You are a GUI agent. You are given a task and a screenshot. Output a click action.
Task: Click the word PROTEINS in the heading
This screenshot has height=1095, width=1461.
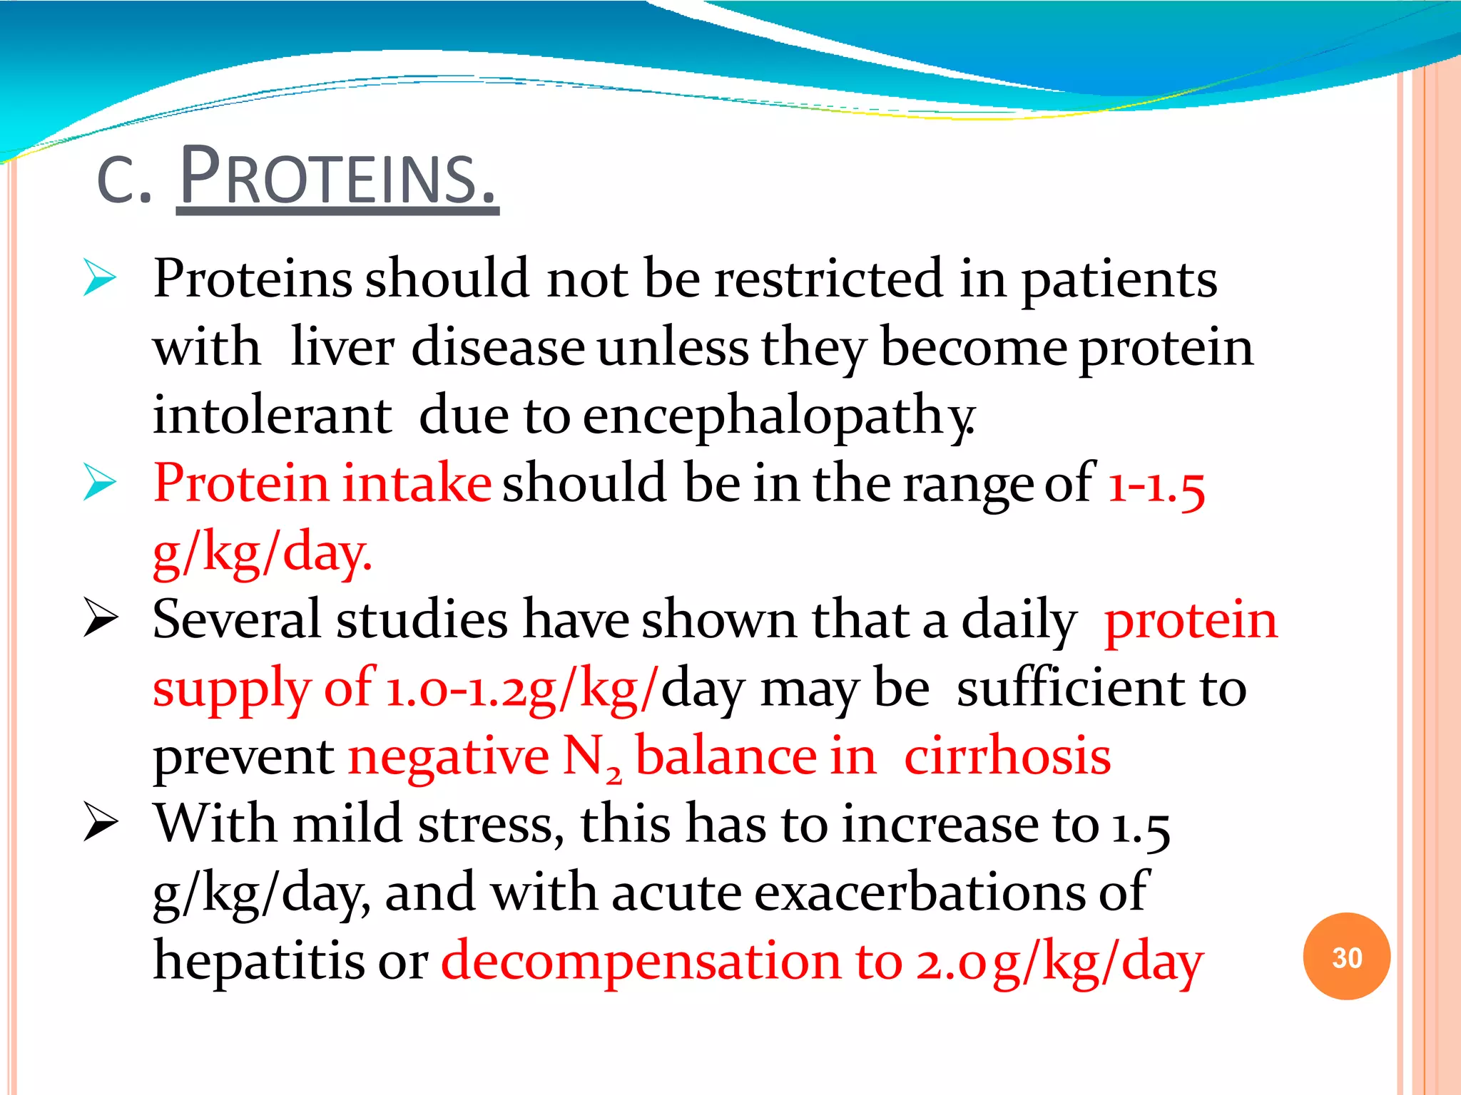(337, 178)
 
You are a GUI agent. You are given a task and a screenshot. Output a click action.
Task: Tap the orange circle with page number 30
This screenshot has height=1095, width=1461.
(1346, 957)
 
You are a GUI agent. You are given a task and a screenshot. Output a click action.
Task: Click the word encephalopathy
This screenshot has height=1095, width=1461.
(778, 416)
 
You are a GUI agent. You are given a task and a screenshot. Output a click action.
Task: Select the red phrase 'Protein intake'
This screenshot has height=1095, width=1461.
(322, 483)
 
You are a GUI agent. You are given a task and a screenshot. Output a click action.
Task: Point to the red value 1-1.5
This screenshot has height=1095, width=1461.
(1156, 485)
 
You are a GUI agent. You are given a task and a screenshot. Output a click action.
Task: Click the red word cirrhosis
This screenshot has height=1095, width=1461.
(1007, 756)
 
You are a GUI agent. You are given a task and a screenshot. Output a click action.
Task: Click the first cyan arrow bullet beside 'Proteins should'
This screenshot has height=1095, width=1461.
(99, 278)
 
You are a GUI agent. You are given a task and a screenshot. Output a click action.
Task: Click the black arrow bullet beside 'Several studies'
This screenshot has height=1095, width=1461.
(100, 617)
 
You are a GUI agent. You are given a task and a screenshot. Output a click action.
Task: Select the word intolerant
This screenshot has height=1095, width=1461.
(272, 416)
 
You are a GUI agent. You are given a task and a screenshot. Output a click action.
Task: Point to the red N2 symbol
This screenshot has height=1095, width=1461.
(591, 758)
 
